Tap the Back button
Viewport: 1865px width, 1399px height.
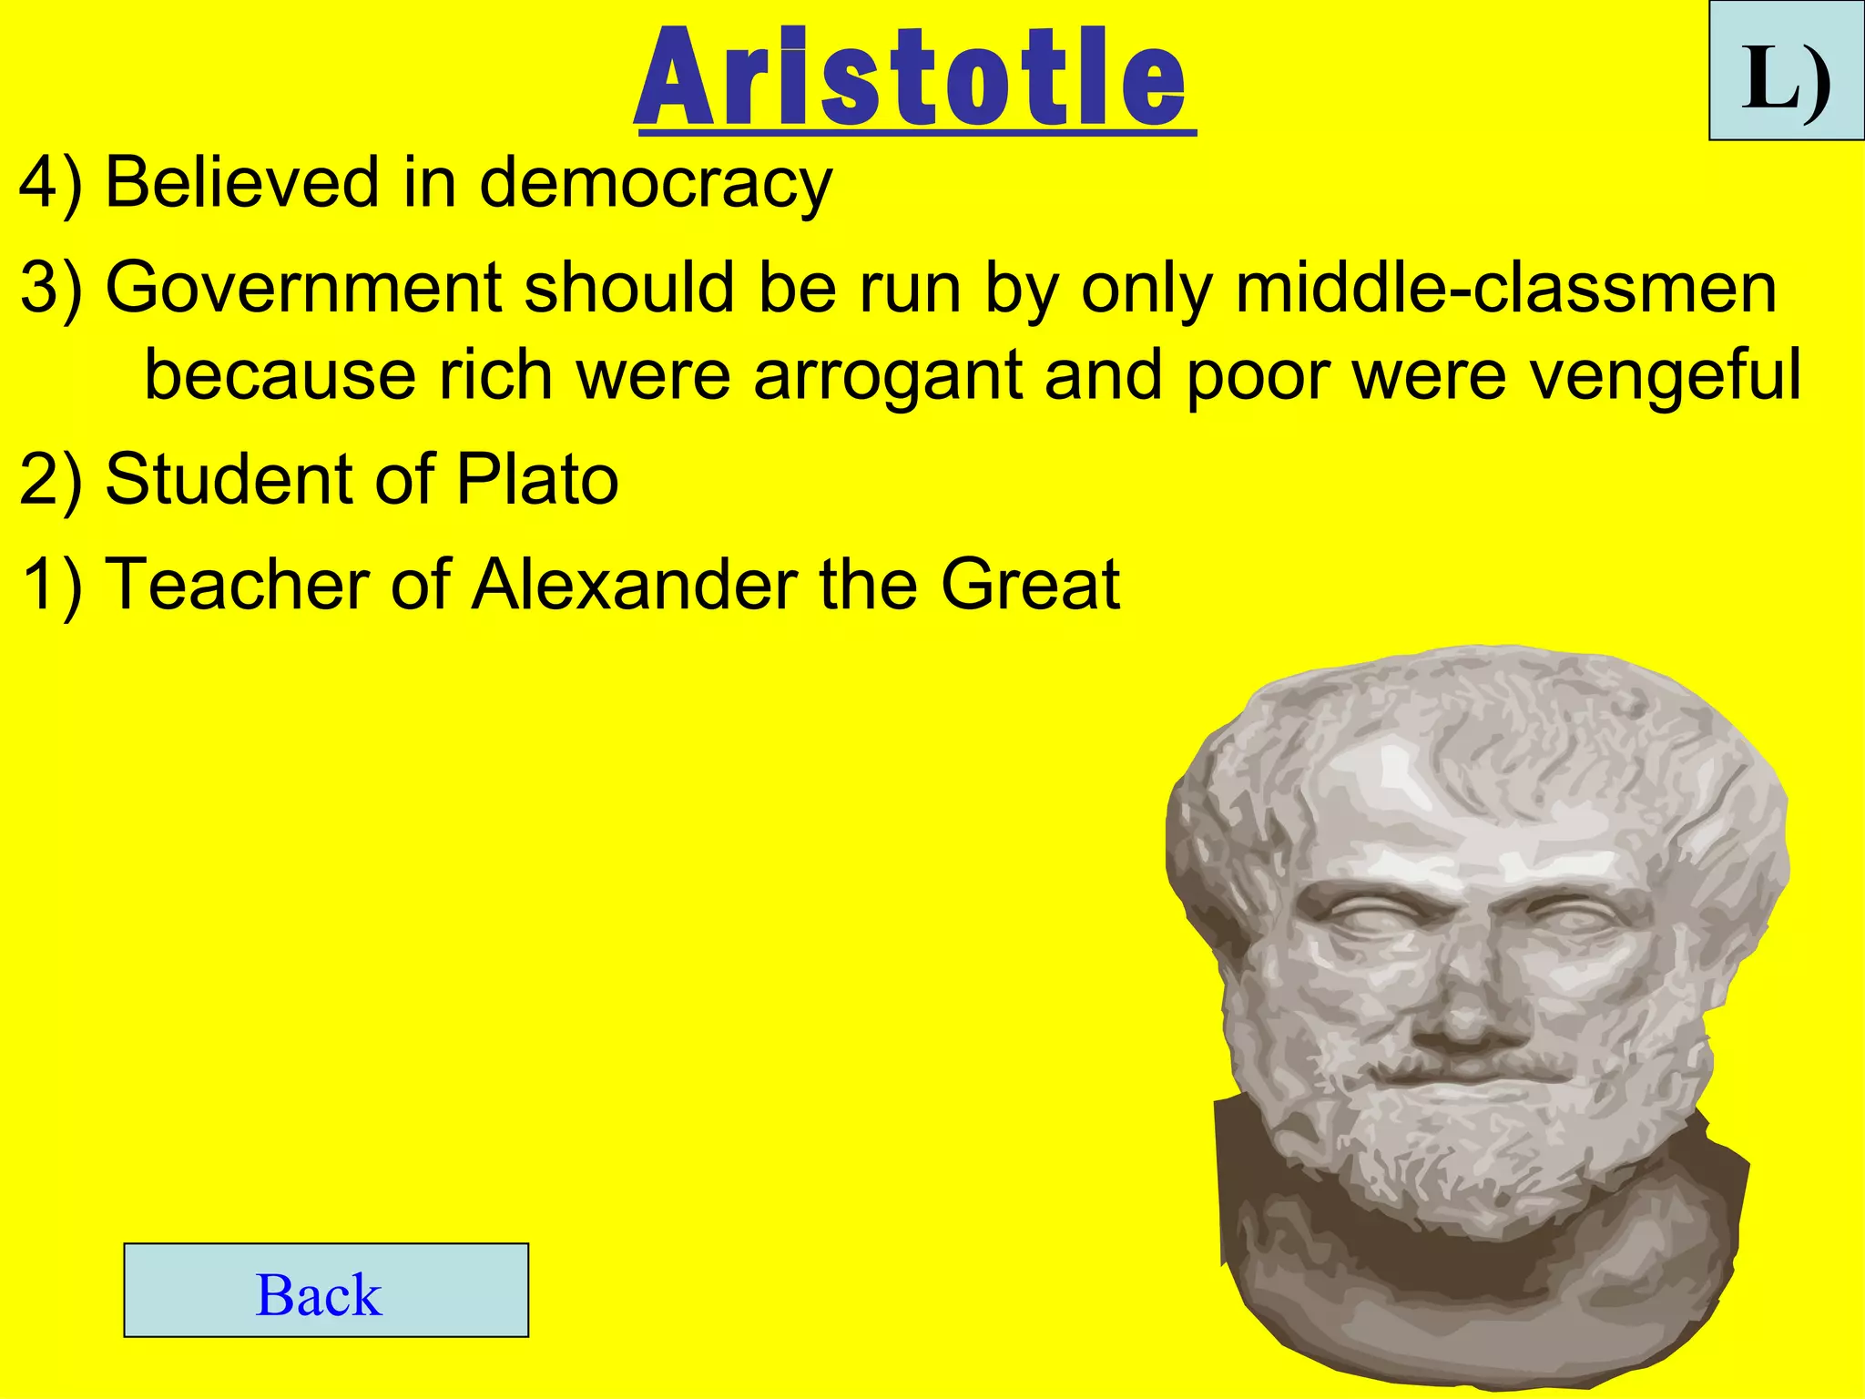pyautogui.click(x=326, y=1290)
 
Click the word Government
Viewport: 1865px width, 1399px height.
pyautogui.click(x=303, y=288)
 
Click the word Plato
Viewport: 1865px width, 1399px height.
pyautogui.click(x=537, y=479)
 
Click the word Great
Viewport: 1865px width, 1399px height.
pyautogui.click(x=1029, y=584)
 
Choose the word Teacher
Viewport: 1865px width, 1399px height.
pyautogui.click(x=237, y=584)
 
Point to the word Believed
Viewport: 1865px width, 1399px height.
pyautogui.click(x=242, y=182)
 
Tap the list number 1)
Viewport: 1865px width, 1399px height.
pyautogui.click(x=52, y=584)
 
